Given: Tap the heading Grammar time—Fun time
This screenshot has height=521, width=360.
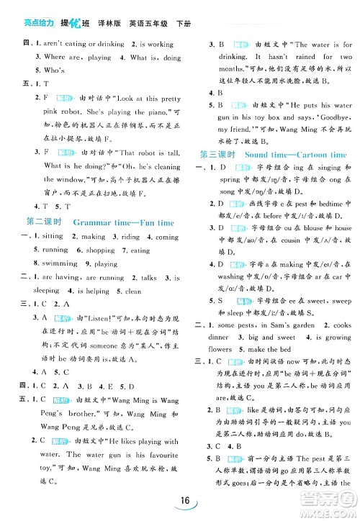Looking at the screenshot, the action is coord(124,223).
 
